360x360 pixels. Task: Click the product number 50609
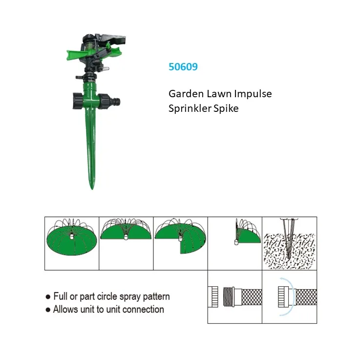(183, 67)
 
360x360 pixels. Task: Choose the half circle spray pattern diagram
(127, 232)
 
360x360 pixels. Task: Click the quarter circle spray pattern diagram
(246, 233)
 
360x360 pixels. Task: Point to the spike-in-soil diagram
(289, 243)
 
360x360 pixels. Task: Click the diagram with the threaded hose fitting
(234, 297)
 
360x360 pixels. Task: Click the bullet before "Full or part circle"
(48, 296)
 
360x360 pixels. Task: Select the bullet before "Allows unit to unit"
(48, 310)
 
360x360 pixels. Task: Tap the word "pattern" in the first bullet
(154, 296)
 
